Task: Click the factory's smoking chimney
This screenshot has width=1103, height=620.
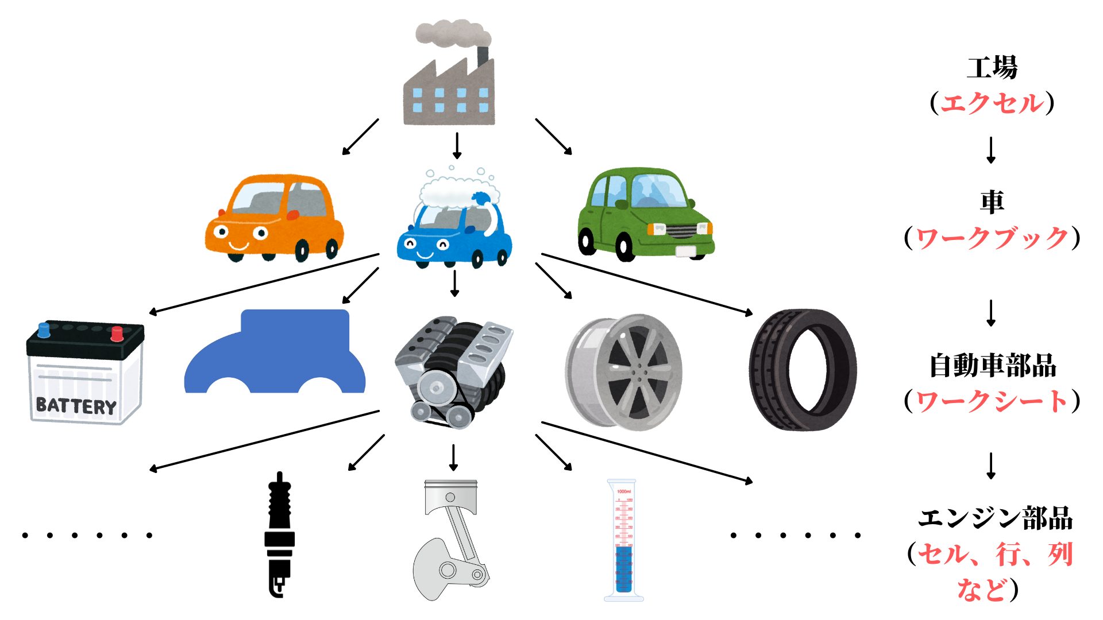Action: [483, 56]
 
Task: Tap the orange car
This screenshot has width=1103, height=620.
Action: [275, 218]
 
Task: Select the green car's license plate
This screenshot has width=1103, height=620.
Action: [685, 251]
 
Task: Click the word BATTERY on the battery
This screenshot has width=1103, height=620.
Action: [76, 405]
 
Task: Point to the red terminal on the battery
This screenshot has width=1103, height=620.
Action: [117, 334]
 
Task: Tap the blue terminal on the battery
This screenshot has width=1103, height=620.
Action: [44, 330]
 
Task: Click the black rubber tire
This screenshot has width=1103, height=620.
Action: [803, 370]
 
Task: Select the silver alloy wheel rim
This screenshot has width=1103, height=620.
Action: [623, 372]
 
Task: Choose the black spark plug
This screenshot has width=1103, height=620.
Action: [280, 534]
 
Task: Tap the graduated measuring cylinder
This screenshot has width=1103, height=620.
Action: [623, 540]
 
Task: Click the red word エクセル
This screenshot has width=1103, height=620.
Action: [992, 104]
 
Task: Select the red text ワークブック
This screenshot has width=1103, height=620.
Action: [992, 238]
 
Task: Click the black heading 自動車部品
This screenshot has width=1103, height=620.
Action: [992, 366]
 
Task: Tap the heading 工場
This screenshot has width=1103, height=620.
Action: [992, 68]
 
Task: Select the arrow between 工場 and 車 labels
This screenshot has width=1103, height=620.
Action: [991, 150]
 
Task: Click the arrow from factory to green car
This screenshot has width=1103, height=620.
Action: [553, 137]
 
